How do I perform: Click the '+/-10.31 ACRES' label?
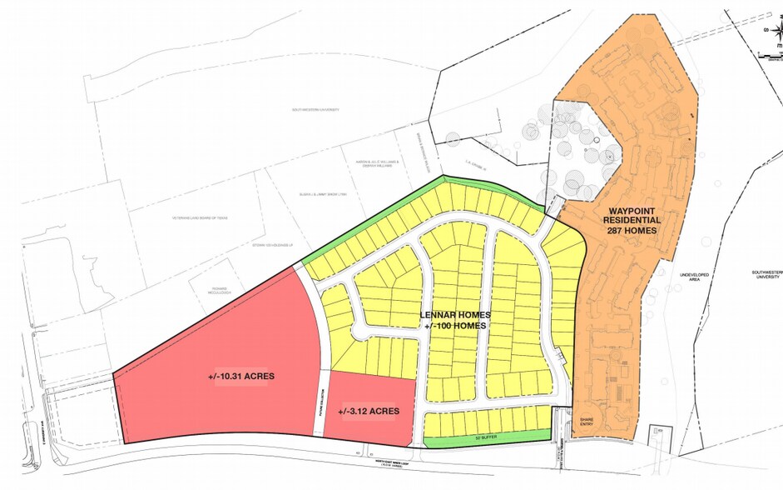[x=241, y=377]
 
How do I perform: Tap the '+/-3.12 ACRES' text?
[x=369, y=411]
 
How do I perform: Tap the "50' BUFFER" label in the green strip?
[x=485, y=435]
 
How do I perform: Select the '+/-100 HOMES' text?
[x=455, y=326]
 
